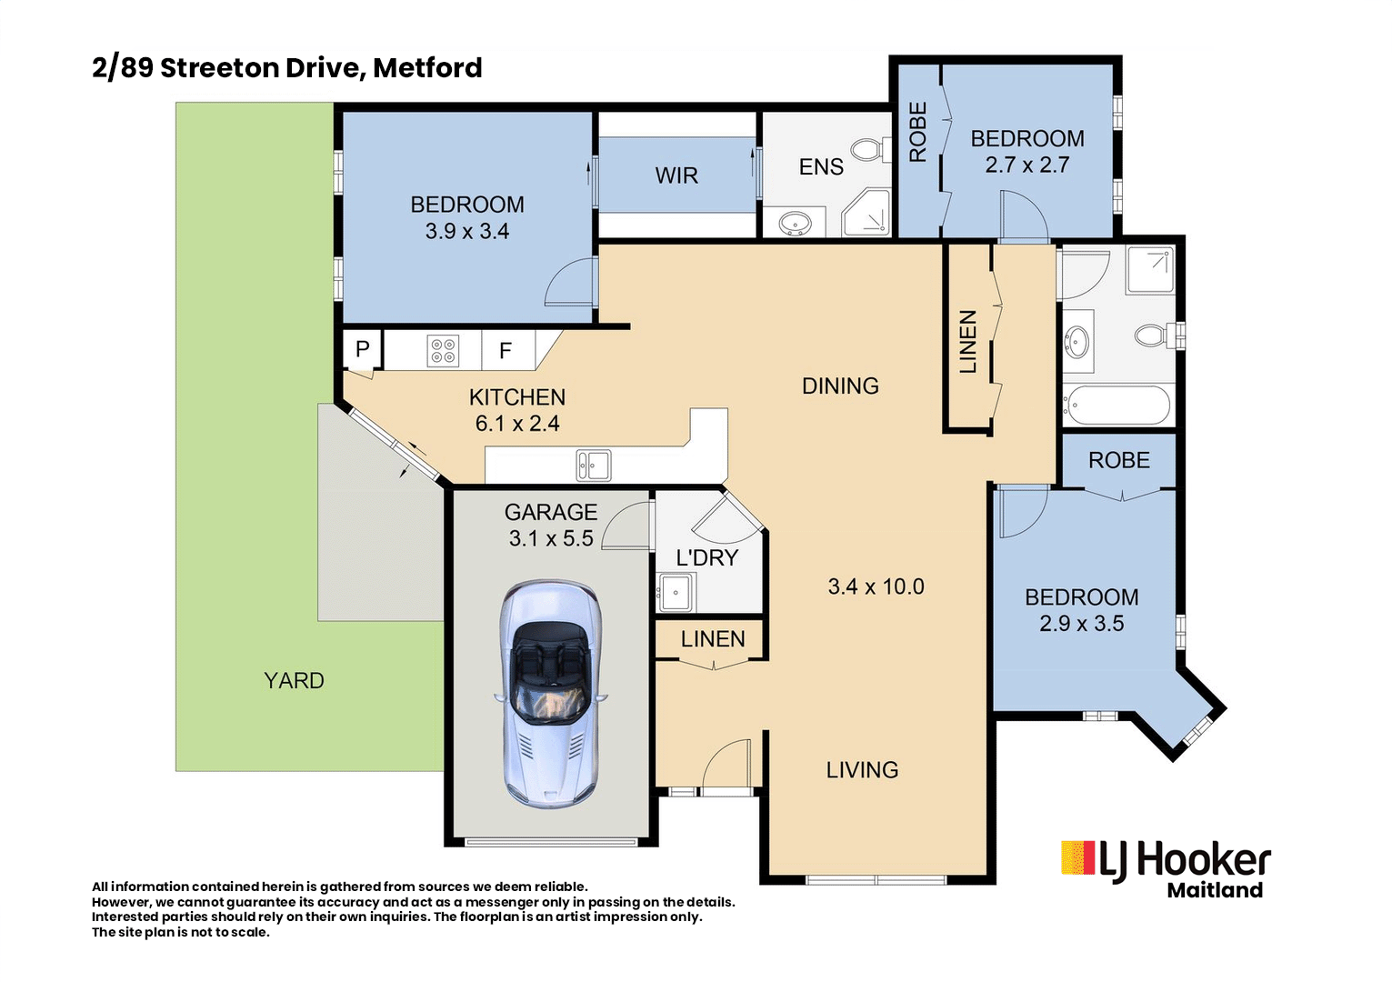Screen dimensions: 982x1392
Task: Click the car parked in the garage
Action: tap(549, 696)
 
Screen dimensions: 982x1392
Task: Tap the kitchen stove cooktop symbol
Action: tap(443, 351)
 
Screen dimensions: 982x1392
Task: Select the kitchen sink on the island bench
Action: tap(593, 466)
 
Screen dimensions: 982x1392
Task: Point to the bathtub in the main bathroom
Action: tap(1117, 406)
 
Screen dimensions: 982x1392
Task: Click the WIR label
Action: tap(676, 175)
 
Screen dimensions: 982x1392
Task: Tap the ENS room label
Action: tap(821, 167)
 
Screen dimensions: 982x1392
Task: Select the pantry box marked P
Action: tap(362, 349)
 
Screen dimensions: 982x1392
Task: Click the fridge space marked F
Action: tap(506, 351)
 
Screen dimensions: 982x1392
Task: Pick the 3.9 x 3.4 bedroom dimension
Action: tap(466, 232)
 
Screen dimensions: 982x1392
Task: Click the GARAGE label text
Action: tap(551, 513)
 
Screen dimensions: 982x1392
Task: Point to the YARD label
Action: tap(294, 681)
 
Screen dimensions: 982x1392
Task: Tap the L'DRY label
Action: tap(706, 558)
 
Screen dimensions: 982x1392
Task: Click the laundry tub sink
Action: tap(676, 593)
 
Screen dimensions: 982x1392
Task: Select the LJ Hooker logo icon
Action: tap(1078, 858)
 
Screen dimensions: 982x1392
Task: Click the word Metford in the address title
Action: tap(427, 68)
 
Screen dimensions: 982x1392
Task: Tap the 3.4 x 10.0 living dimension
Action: tap(876, 587)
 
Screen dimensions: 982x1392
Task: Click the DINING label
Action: tap(840, 386)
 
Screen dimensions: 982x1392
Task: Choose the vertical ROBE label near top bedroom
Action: tap(918, 133)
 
